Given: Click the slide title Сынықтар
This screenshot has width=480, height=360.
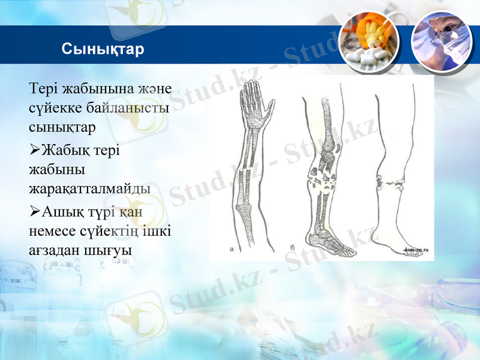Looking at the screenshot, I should tap(103, 49).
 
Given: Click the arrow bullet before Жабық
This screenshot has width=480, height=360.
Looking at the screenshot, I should tap(34, 149).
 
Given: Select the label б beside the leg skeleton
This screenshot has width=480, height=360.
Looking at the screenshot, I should tap(292, 246).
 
